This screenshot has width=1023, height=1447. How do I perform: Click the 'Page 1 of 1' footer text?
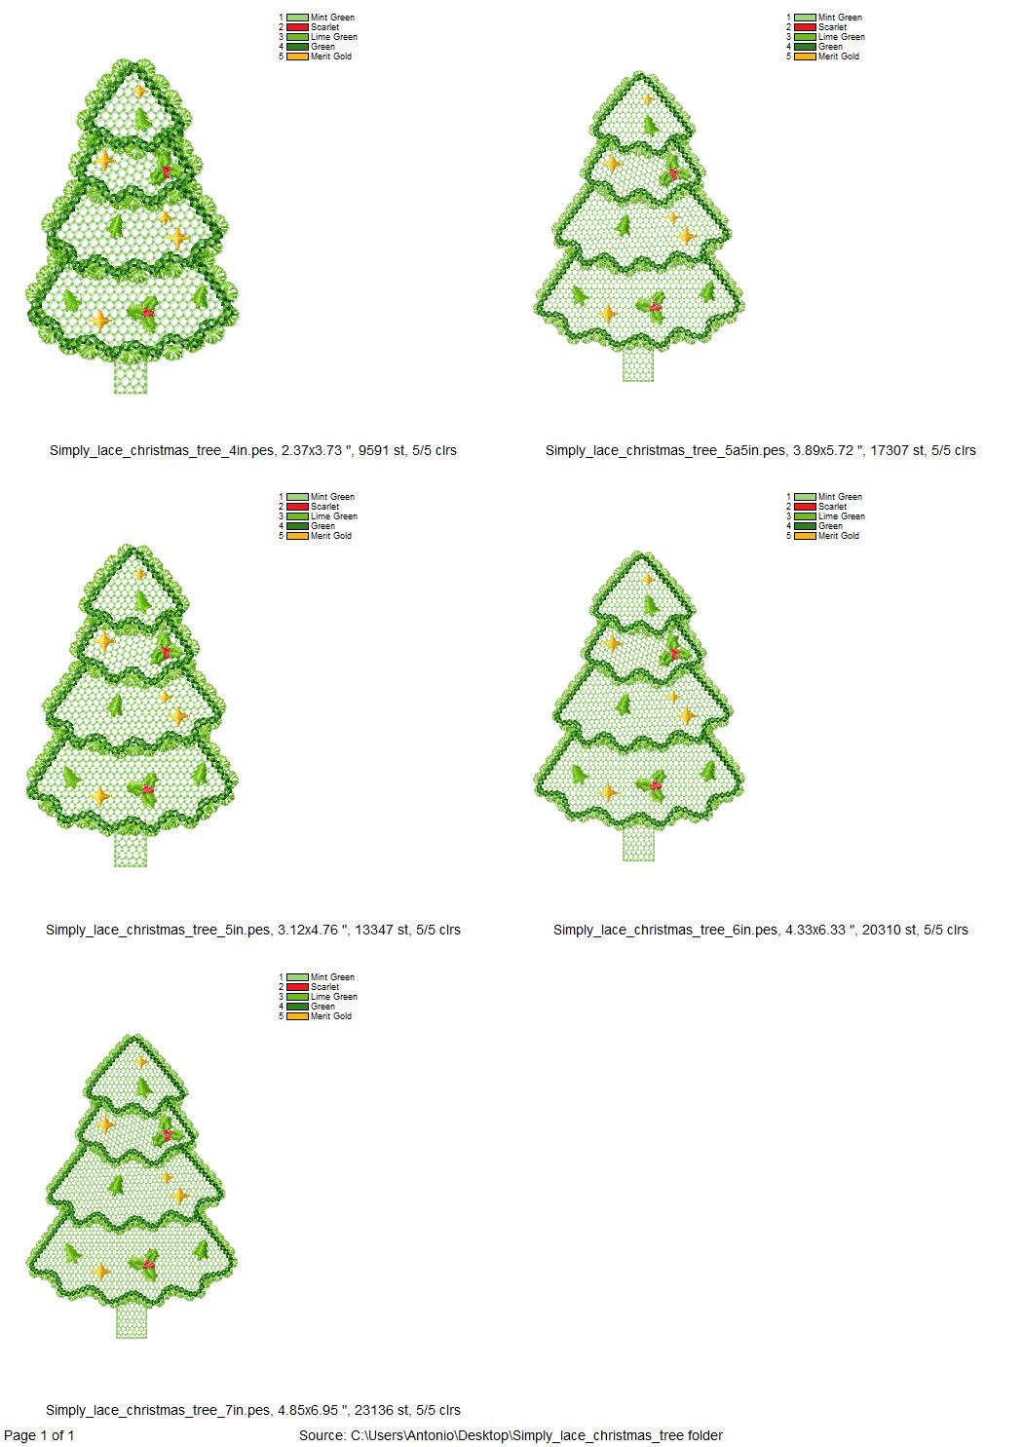point(39,1435)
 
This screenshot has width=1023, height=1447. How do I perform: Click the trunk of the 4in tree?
point(131,376)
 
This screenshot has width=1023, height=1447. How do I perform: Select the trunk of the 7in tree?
point(132,1321)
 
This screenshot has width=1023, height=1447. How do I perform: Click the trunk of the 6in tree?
point(639,844)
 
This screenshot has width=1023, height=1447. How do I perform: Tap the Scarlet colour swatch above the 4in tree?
point(297,27)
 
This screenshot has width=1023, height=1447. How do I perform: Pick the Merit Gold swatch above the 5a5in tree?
point(805,57)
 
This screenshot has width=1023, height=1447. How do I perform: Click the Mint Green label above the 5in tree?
point(332,497)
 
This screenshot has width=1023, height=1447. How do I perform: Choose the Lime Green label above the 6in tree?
point(841,516)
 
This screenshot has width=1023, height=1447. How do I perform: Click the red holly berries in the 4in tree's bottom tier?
point(147,313)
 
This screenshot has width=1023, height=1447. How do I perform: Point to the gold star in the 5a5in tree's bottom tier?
point(607,314)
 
